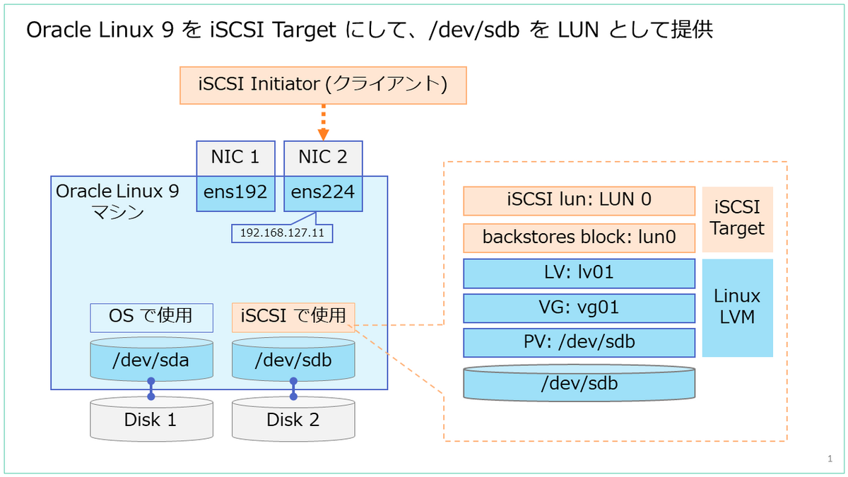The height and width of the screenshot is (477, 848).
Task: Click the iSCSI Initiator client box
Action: coord(323,85)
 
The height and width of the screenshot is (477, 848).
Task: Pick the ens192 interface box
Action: coord(235,193)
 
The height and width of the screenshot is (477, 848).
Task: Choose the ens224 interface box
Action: coord(323,193)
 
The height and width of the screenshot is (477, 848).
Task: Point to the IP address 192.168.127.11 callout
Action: coord(282,233)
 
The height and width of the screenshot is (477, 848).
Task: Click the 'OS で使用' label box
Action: coord(151,317)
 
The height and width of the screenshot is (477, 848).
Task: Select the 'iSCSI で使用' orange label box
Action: coord(293,317)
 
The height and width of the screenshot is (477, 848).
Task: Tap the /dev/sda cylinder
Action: coord(151,361)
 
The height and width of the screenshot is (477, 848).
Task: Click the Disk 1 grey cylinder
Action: coord(151,420)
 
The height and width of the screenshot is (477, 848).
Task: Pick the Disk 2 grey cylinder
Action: coord(293,420)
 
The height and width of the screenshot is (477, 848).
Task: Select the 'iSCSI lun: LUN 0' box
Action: coord(579,201)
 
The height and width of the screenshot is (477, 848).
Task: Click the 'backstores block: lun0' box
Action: coord(579,237)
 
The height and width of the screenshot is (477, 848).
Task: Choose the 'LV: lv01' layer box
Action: coord(579,273)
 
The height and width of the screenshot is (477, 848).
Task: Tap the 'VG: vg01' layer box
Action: coord(579,308)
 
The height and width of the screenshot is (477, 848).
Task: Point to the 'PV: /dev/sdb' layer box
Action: coord(579,343)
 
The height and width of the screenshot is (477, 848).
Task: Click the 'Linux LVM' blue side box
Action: coord(737,307)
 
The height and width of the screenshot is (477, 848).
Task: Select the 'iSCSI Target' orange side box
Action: coord(737,219)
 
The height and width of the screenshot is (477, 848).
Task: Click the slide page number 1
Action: coord(830,459)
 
